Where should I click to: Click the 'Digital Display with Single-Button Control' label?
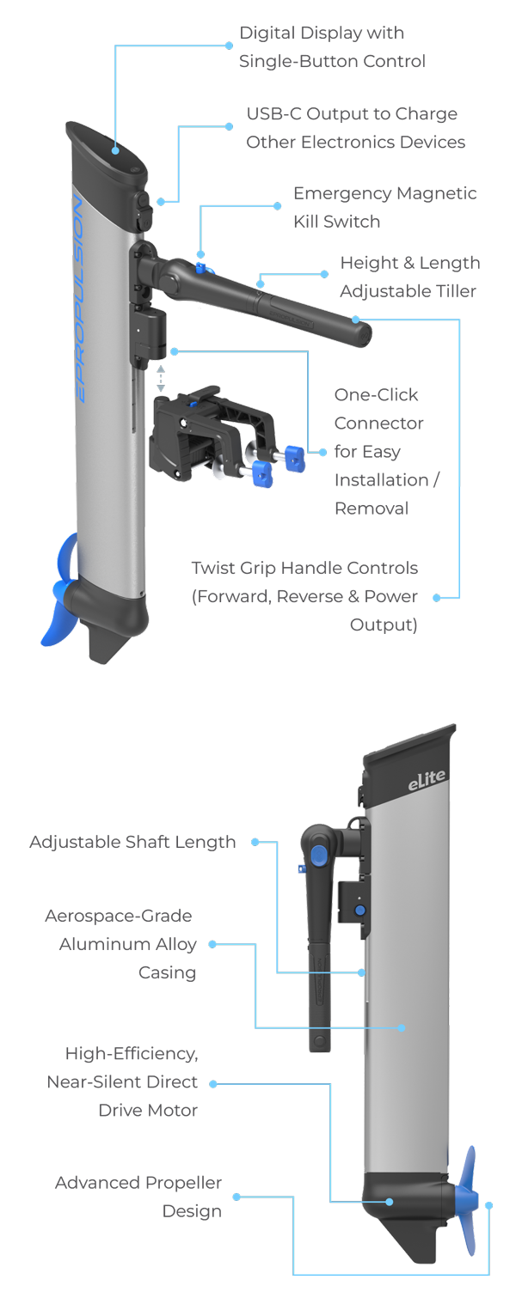pyautogui.click(x=332, y=47)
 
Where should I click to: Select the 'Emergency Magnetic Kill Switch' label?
pyautogui.click(x=384, y=207)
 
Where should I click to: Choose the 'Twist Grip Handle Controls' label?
pyautogui.click(x=304, y=596)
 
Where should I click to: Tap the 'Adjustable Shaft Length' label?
pyautogui.click(x=132, y=842)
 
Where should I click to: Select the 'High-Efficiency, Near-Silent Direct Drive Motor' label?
pyautogui.click(x=123, y=1081)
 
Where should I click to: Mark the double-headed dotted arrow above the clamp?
pyautogui.click(x=161, y=379)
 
